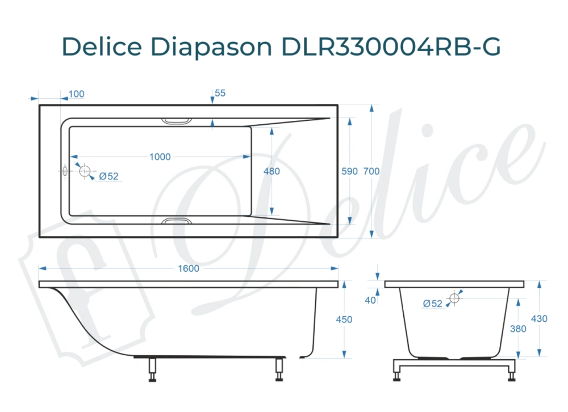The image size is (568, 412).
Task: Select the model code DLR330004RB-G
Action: (x=391, y=47)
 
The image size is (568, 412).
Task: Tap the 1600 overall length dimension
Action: (x=189, y=268)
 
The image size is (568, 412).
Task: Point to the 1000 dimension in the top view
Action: (x=160, y=157)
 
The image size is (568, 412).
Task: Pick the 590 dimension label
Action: (x=349, y=171)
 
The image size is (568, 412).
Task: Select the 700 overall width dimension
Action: (x=371, y=171)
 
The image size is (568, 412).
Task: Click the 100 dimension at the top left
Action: (x=76, y=94)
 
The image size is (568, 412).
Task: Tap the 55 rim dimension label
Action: (x=220, y=93)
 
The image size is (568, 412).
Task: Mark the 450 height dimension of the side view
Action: (x=344, y=319)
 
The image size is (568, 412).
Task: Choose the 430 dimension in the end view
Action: (x=539, y=319)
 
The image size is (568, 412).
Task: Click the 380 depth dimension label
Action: (x=518, y=329)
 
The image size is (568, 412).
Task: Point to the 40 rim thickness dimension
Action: (x=370, y=300)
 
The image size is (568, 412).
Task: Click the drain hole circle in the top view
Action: (x=85, y=171)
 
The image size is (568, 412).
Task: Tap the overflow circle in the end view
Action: (x=454, y=298)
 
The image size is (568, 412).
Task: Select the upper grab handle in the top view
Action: (x=177, y=120)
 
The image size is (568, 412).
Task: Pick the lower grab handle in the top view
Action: (x=177, y=221)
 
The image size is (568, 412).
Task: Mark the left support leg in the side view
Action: (x=152, y=370)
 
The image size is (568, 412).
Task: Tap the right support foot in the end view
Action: (x=511, y=372)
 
